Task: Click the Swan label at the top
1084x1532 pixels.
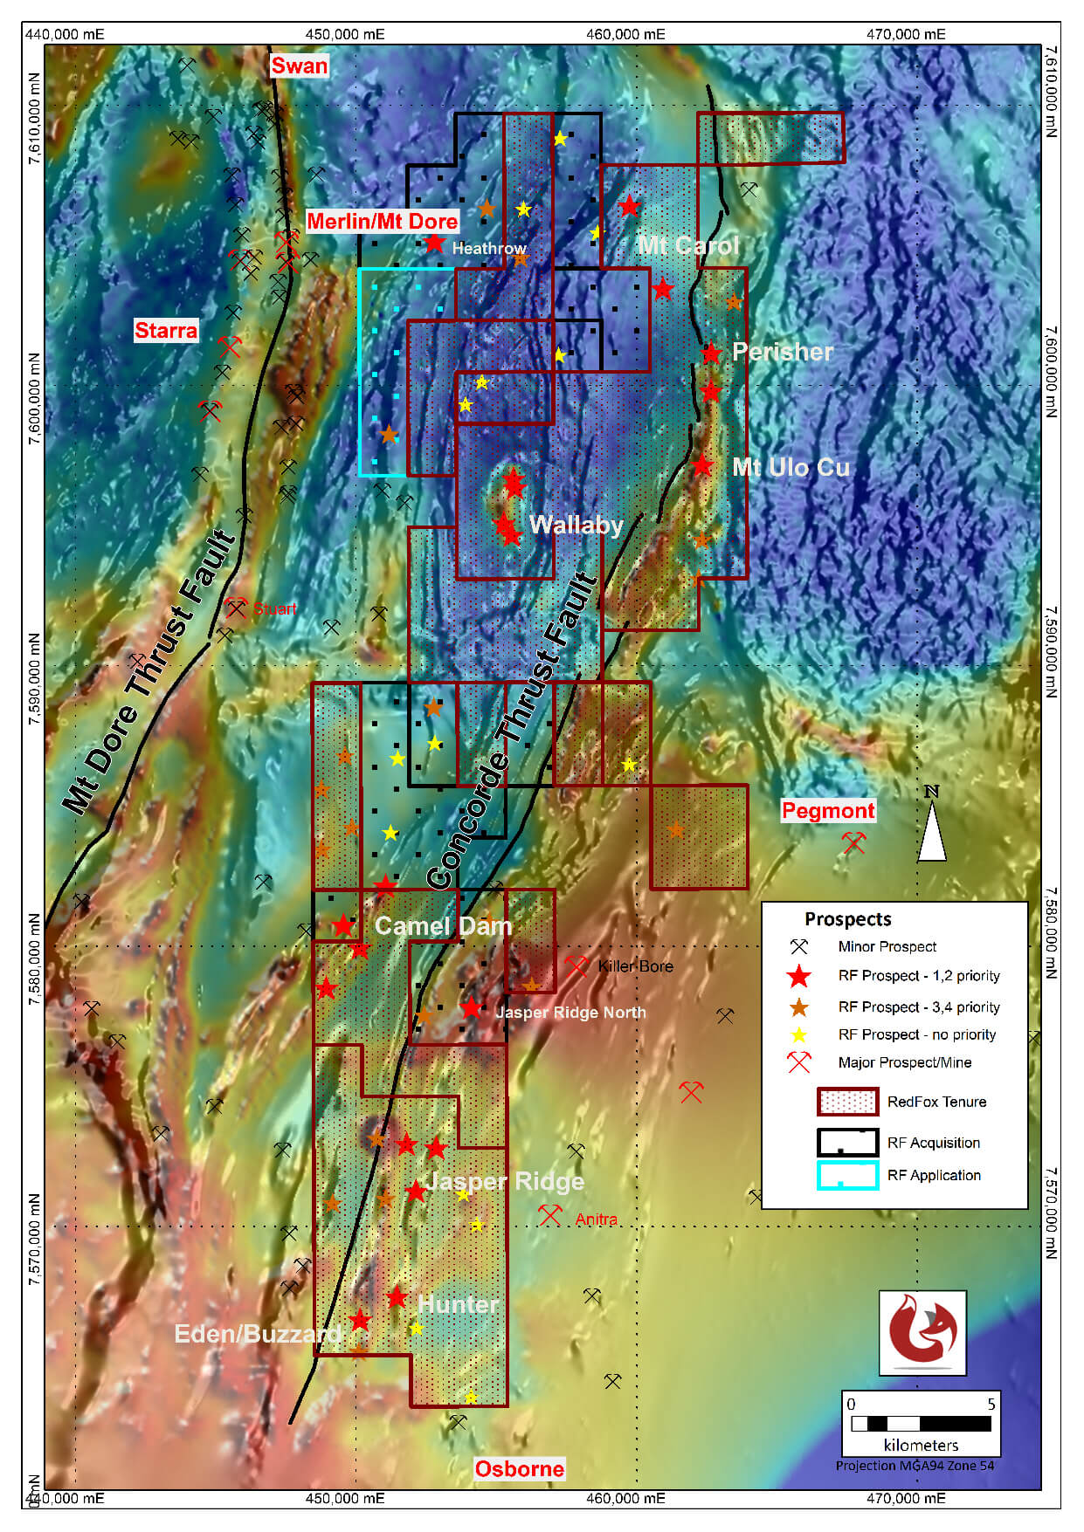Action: click(x=299, y=65)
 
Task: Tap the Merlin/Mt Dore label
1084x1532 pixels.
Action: click(x=382, y=221)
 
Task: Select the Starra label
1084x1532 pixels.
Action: click(x=166, y=330)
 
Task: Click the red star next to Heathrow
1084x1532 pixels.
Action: click(x=435, y=244)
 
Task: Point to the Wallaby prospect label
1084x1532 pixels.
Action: click(x=576, y=525)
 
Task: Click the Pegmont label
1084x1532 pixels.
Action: click(x=827, y=810)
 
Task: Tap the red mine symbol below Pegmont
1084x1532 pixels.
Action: click(x=853, y=842)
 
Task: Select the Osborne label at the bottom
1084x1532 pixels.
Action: click(x=519, y=1468)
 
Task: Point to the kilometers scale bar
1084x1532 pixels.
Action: click(x=921, y=1424)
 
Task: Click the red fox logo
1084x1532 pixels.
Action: click(x=922, y=1332)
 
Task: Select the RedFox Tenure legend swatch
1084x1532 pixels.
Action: click(x=846, y=1102)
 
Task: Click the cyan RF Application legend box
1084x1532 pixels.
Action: click(x=846, y=1175)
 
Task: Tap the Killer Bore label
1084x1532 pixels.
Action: click(x=635, y=966)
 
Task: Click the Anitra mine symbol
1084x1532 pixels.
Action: click(x=549, y=1214)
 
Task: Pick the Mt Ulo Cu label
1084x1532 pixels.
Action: click(x=791, y=467)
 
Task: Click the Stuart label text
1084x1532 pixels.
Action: click(x=274, y=608)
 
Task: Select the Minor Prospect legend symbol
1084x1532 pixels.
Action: click(x=798, y=946)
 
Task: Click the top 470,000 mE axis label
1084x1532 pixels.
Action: click(x=905, y=34)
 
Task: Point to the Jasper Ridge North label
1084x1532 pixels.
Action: click(x=570, y=1013)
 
